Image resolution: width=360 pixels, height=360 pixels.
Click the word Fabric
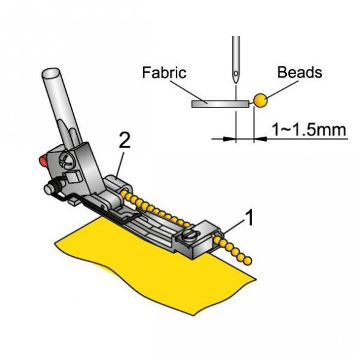[164, 73]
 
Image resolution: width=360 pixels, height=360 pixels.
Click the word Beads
[300, 73]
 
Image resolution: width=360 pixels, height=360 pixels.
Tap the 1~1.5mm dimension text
[309, 129]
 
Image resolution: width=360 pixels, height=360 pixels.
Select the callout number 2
[124, 140]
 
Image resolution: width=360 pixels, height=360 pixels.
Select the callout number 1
[249, 217]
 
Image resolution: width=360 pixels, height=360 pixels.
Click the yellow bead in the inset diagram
[261, 100]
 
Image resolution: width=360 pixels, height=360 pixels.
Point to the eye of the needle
[236, 74]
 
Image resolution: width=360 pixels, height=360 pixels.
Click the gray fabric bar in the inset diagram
[220, 104]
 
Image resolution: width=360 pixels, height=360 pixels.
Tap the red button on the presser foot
[43, 160]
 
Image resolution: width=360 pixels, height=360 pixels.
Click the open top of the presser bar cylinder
[51, 73]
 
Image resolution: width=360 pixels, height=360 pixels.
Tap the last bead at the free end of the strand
[248, 261]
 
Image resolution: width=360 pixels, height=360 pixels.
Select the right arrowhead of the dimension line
[260, 139]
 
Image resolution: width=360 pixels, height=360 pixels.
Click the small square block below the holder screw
[73, 176]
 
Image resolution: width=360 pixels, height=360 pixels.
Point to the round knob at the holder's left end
[49, 189]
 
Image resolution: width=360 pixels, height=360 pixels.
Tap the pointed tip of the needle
[236, 84]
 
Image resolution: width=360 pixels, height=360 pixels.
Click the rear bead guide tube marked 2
[118, 185]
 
